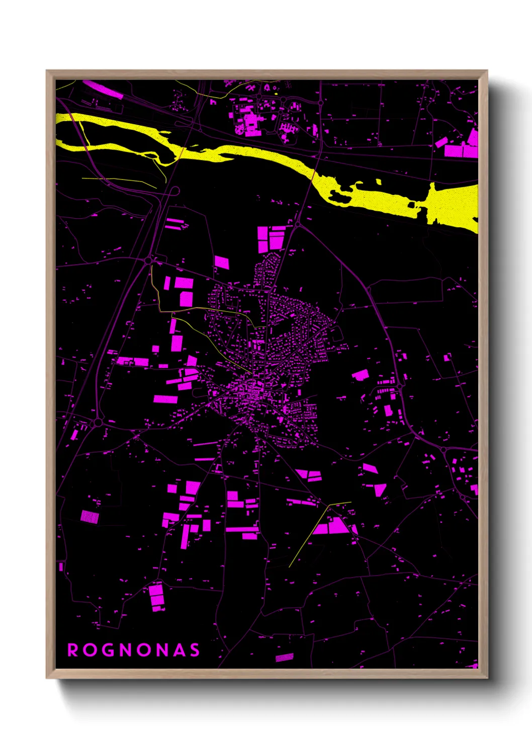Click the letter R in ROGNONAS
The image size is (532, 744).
coord(73,650)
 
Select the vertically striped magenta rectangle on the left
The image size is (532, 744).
coord(90,516)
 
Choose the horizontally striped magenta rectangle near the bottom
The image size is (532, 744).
coord(284,657)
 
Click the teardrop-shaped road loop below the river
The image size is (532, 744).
coord(174,192)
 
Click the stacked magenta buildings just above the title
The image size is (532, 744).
coord(157,597)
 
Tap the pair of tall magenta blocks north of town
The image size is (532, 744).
coord(271,239)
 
